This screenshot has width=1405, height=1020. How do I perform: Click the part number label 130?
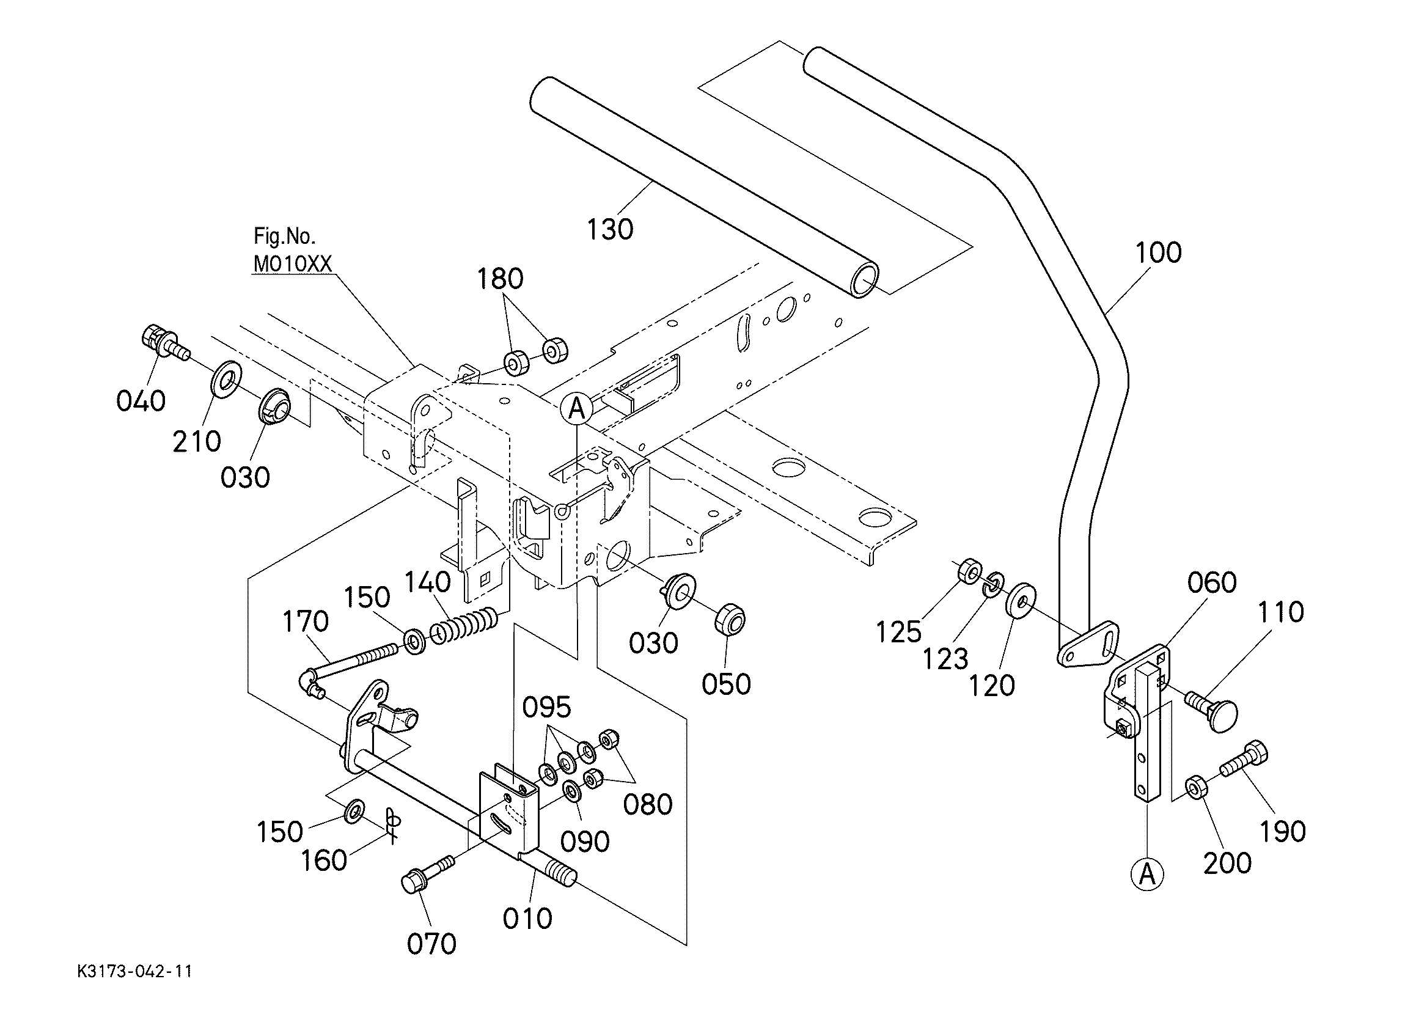(x=610, y=230)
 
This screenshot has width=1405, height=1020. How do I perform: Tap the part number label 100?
(x=1159, y=253)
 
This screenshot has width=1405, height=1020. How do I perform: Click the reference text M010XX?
(x=292, y=264)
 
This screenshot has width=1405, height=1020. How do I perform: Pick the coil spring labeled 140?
(x=467, y=625)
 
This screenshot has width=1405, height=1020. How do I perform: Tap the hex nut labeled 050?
(x=730, y=619)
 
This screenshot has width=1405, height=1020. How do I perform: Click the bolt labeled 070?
(x=428, y=875)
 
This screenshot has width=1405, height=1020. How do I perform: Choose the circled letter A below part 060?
(x=1147, y=875)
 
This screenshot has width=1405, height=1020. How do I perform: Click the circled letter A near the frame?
(x=577, y=409)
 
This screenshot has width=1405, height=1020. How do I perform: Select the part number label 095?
(x=546, y=707)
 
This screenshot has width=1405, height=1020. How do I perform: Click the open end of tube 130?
(x=864, y=280)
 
